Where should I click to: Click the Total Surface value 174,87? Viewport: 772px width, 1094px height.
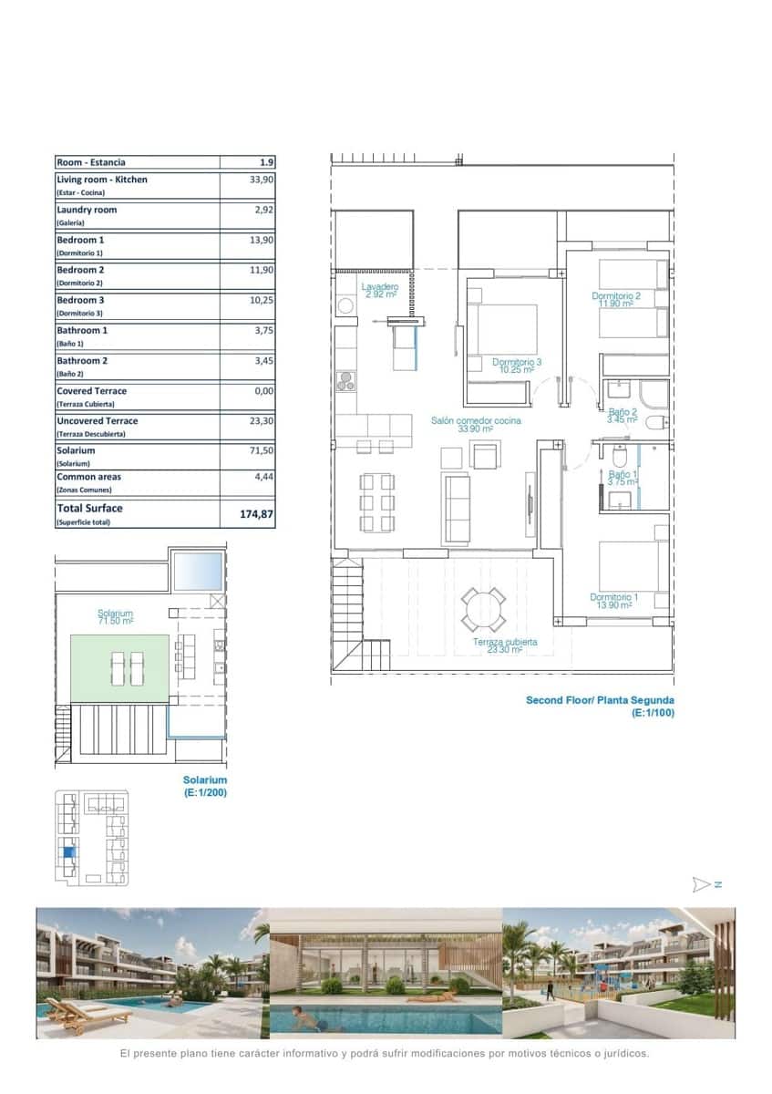tap(256, 514)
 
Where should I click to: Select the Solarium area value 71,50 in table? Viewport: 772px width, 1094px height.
tap(262, 450)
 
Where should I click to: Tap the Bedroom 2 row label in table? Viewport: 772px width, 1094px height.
tap(80, 271)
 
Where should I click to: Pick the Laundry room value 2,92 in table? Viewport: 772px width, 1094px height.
tap(262, 210)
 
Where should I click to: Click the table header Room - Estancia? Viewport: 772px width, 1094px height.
tap(91, 162)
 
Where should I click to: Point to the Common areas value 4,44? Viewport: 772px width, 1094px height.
tap(262, 477)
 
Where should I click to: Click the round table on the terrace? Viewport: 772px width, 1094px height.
tap(483, 609)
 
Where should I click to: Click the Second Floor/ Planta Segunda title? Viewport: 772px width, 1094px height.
tap(600, 700)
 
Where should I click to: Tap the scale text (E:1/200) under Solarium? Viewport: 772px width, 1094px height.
tap(205, 793)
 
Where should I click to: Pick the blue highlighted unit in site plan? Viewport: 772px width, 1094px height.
tap(67, 855)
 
